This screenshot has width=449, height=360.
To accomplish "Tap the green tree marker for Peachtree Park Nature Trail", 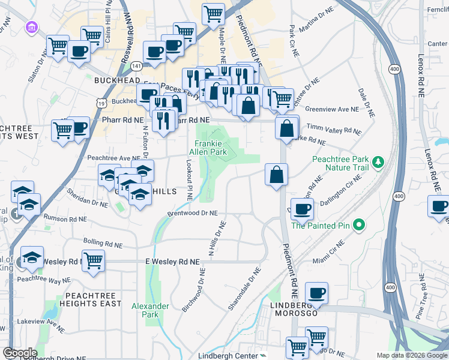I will click(x=378, y=161).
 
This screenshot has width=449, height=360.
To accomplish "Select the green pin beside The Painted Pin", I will click(x=359, y=226).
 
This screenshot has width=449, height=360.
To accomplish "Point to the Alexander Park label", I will click(x=150, y=310).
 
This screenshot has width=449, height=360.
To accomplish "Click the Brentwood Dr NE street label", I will click(x=193, y=213).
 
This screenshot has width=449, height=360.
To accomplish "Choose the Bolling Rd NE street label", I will click(x=103, y=241).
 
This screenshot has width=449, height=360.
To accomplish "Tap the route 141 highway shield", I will click(x=137, y=65).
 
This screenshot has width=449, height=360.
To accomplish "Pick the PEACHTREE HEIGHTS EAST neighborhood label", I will click(x=90, y=299).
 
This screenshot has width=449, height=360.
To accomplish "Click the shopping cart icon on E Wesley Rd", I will click(x=94, y=260).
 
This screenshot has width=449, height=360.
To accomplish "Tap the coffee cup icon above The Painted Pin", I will click(x=302, y=209).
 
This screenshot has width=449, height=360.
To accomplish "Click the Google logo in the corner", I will click(x=20, y=353).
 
